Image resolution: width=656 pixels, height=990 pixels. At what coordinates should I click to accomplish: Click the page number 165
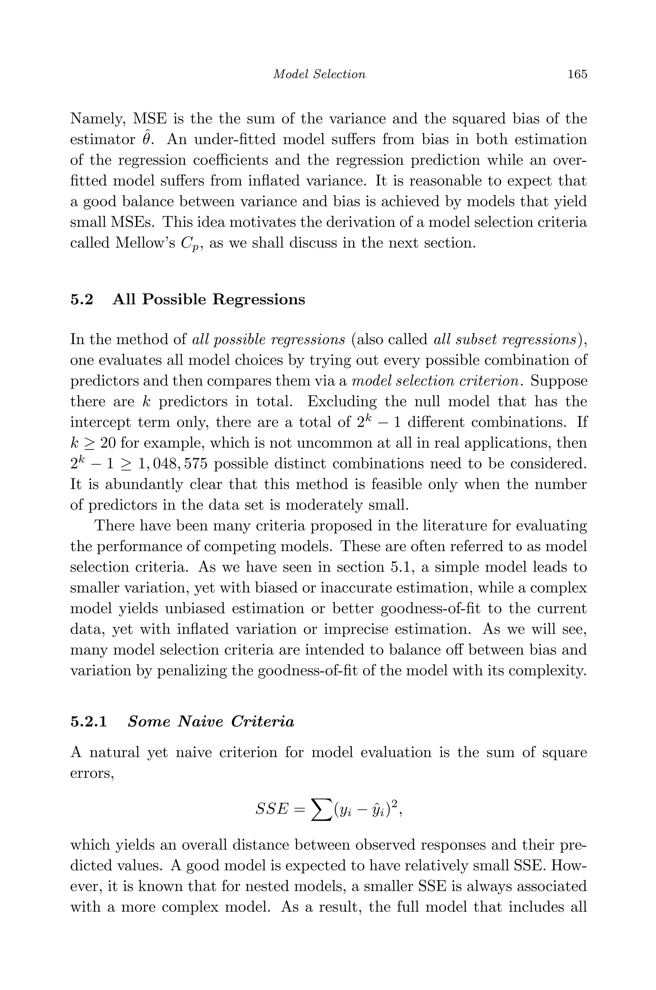point(577,74)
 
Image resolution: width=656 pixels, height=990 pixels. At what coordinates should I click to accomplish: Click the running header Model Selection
point(319,74)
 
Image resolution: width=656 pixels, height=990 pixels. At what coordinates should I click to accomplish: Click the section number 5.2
point(82,300)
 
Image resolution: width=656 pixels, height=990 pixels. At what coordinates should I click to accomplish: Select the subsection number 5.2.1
point(89,722)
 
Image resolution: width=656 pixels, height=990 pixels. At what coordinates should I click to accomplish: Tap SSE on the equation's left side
point(272,810)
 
